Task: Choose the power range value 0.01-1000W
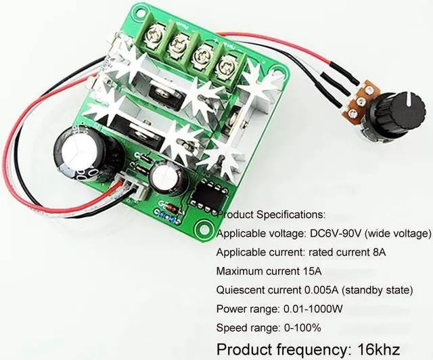(324, 309)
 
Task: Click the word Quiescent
(240, 290)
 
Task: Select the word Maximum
(240, 271)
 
